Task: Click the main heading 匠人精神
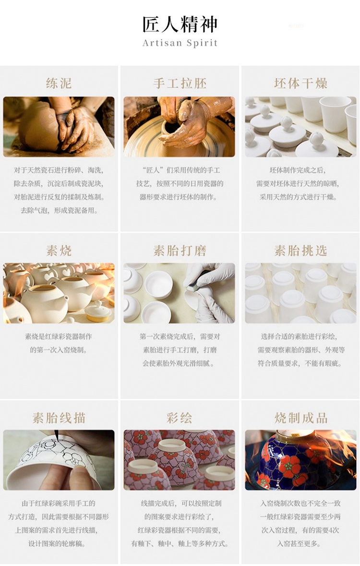pos(180,24)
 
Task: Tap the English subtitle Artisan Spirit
pos(180,43)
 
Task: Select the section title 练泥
pos(59,83)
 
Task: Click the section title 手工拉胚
pos(180,83)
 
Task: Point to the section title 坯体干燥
pos(300,83)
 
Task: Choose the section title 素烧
pos(59,250)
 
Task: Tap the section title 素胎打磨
pos(180,250)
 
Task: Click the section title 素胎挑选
pos(300,250)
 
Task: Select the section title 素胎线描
pos(59,418)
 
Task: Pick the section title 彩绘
pos(180,418)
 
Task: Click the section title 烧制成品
pos(300,418)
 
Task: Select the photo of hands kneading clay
pos(59,127)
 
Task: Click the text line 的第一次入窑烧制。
pos(59,350)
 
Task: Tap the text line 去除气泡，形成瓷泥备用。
pos(59,210)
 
